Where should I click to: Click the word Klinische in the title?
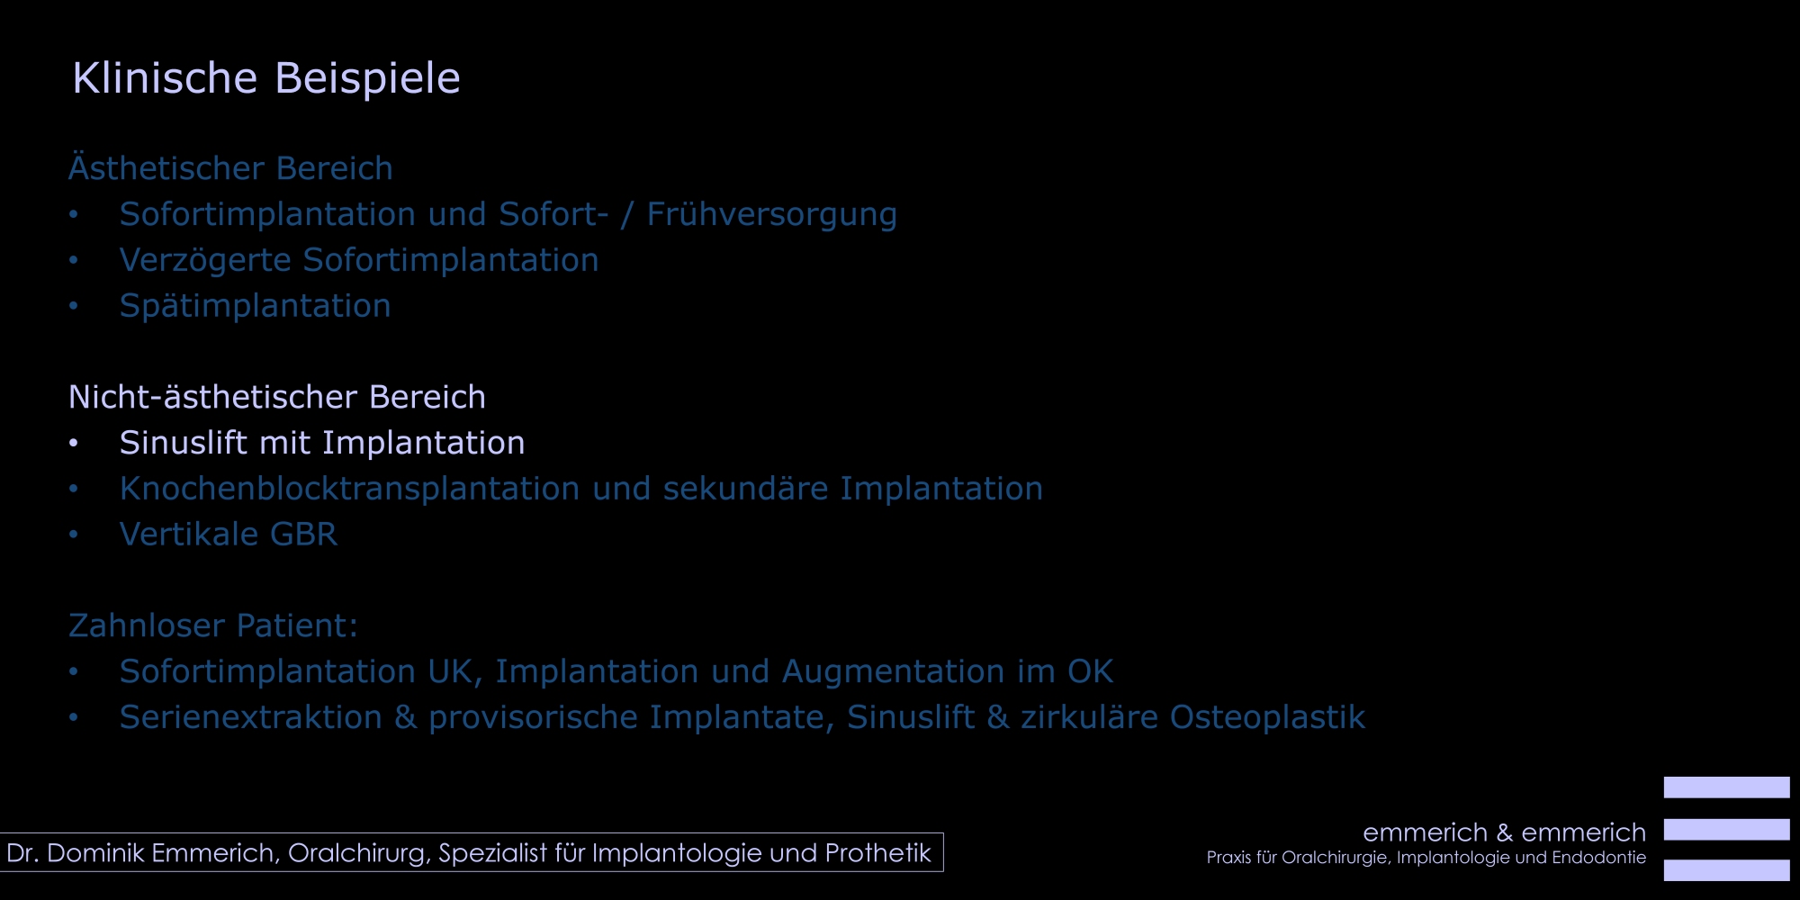(x=165, y=77)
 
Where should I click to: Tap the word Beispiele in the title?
(x=367, y=79)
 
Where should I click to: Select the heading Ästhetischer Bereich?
(x=230, y=167)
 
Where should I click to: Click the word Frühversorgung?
(x=771, y=215)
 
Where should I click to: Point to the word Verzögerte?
(x=205, y=261)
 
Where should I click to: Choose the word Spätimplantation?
(x=255, y=306)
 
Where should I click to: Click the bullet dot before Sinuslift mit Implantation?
(x=74, y=443)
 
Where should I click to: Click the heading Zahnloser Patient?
(x=213, y=625)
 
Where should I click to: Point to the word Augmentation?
(x=893, y=672)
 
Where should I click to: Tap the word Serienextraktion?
(x=251, y=717)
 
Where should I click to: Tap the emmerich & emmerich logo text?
(x=1504, y=832)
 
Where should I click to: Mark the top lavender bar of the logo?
(x=1726, y=787)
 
